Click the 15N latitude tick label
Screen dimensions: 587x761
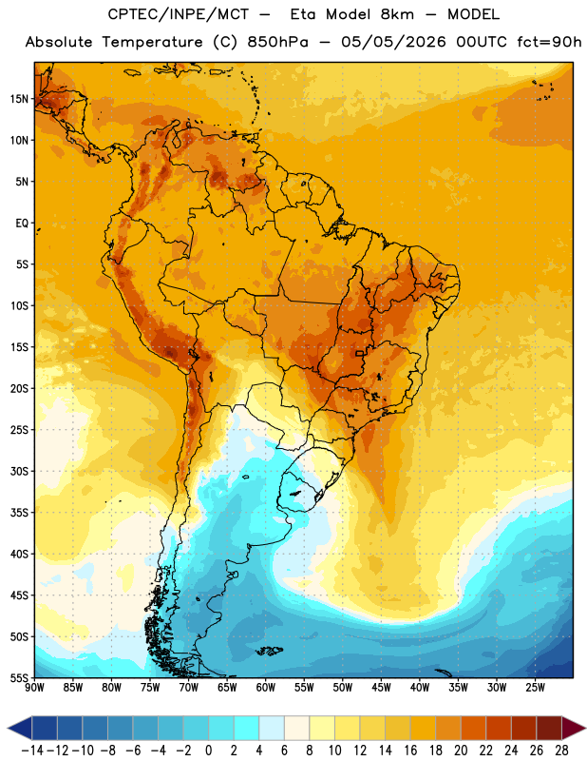tap(19, 99)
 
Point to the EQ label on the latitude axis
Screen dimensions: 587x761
tap(22, 224)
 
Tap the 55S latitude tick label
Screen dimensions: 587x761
tap(19, 677)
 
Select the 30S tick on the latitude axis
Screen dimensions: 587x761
tap(19, 471)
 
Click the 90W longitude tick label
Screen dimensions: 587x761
tap(34, 687)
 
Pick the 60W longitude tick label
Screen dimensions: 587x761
tap(266, 687)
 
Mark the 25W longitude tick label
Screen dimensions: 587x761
tap(535, 687)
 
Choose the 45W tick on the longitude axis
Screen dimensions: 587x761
tap(381, 687)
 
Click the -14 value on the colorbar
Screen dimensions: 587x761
tap(32, 751)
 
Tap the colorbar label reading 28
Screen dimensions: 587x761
tap(561, 751)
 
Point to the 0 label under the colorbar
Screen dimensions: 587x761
tap(208, 751)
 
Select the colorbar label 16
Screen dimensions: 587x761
tap(410, 751)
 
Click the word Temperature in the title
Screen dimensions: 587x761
tap(152, 42)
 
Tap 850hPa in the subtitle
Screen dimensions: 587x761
tap(277, 42)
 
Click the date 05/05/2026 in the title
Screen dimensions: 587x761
tap(393, 42)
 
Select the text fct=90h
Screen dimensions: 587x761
tap(549, 42)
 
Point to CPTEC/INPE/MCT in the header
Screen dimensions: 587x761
tap(179, 14)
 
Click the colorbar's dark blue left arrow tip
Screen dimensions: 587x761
tap(8, 729)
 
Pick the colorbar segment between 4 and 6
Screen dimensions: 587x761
tap(272, 729)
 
